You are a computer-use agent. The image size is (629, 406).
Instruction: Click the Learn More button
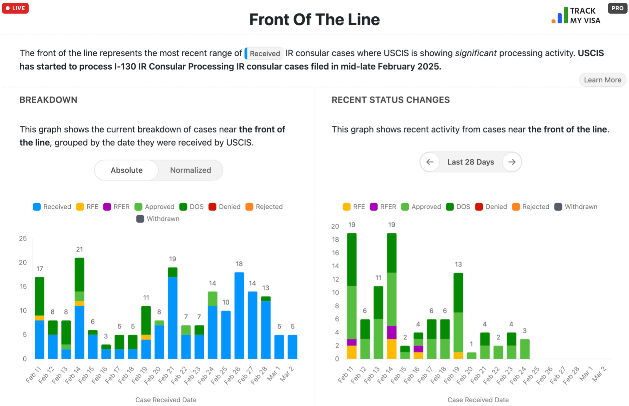tap(602, 80)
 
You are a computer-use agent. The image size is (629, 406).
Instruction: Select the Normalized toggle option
tap(190, 170)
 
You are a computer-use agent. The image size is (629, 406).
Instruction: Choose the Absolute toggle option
tap(126, 170)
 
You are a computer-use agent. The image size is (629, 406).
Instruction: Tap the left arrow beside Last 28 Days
tap(430, 162)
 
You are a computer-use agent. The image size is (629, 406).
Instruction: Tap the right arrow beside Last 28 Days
tap(512, 162)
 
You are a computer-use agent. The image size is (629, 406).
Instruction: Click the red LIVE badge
tap(15, 8)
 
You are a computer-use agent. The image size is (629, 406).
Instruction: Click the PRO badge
tap(617, 8)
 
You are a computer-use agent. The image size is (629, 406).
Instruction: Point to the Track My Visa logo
tap(576, 16)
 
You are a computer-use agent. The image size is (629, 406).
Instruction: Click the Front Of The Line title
tap(314, 20)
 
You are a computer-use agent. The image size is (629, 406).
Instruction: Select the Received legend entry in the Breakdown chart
tap(52, 207)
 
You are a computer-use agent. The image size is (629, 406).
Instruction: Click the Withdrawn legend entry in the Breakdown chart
tap(158, 219)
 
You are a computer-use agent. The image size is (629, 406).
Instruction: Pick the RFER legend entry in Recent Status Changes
tap(383, 207)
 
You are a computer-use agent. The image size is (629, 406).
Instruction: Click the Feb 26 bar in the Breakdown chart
tap(239, 315)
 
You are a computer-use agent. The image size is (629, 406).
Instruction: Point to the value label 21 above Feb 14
tap(79, 249)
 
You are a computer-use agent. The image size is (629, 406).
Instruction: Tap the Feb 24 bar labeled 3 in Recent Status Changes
tap(525, 349)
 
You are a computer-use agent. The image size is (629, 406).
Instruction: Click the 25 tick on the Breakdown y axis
tap(23, 238)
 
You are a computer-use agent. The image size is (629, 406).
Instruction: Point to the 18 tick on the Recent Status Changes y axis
tap(335, 239)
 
